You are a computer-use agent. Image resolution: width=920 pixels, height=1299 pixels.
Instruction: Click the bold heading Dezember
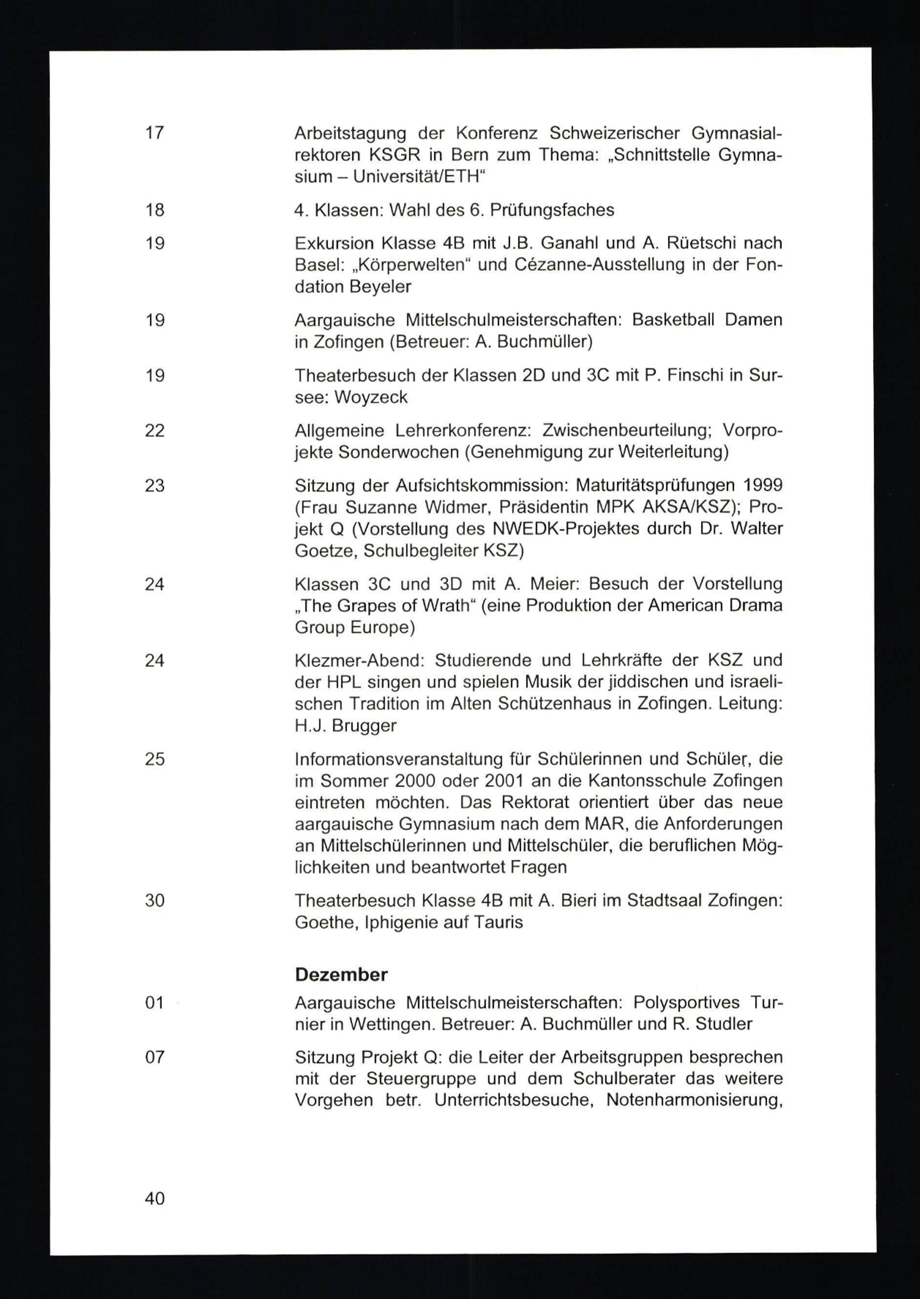point(341,975)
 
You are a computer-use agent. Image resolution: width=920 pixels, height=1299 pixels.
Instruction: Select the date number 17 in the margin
point(155,133)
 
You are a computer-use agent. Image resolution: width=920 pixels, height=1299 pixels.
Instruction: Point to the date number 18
point(155,210)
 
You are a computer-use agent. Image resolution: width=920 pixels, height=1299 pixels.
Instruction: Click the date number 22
point(155,431)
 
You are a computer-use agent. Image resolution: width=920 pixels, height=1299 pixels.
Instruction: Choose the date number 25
point(155,759)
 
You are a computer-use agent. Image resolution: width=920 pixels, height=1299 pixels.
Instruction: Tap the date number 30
point(155,900)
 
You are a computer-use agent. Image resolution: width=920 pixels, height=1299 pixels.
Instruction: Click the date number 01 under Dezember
point(155,1003)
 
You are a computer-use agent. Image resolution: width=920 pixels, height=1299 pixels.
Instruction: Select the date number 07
point(155,1057)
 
